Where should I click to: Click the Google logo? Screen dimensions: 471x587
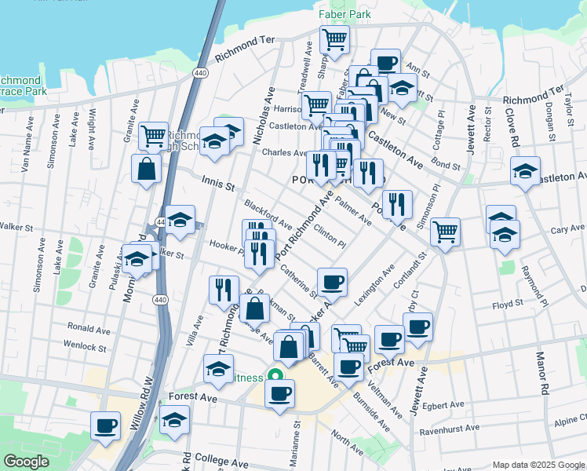click(x=26, y=462)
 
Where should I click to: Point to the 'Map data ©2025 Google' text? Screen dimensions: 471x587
click(x=538, y=465)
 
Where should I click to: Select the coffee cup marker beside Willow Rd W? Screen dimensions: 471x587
click(x=105, y=426)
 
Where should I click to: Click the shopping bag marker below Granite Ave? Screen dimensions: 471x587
click(x=147, y=168)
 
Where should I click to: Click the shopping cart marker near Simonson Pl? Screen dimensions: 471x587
click(x=445, y=232)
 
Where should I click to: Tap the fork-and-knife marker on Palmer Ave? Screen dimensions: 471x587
click(x=398, y=204)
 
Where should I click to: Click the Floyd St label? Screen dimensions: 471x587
click(x=507, y=303)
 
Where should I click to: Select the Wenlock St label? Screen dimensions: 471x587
click(x=85, y=345)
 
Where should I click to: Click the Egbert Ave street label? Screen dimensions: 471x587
click(x=447, y=406)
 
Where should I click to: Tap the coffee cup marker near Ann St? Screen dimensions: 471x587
click(x=385, y=62)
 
